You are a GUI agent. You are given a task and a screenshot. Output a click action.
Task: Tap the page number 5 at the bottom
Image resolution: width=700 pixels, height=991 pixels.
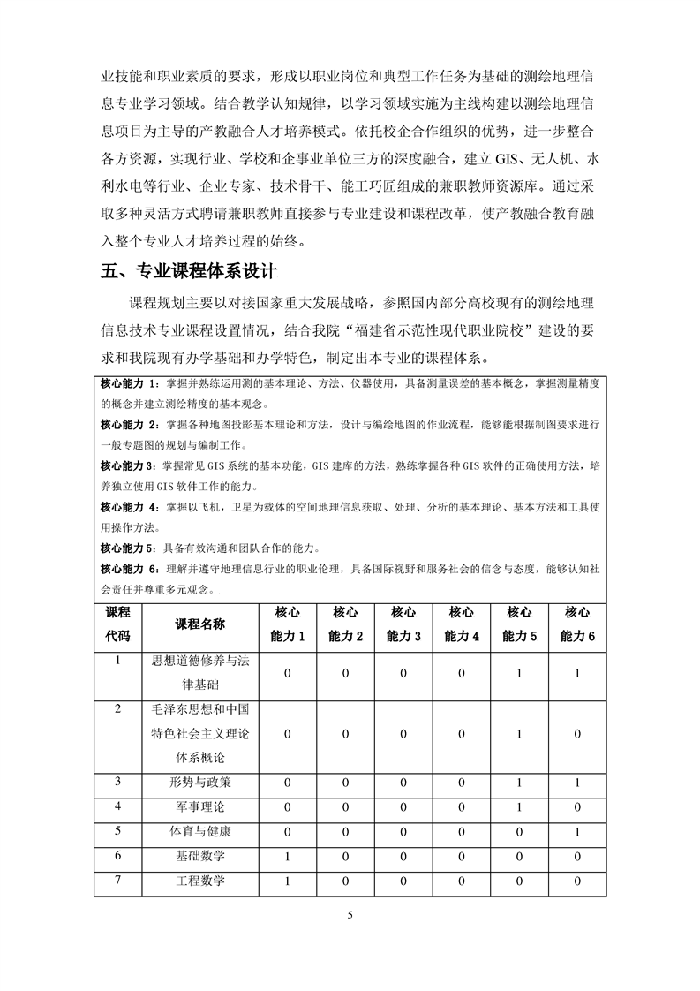350,915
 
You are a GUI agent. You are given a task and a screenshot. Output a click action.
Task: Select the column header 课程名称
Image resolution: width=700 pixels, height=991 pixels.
200,624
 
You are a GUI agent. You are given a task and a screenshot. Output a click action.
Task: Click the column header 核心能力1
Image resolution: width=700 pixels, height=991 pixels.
288,624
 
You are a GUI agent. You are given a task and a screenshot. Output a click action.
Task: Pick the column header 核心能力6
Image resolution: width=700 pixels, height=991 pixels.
578,624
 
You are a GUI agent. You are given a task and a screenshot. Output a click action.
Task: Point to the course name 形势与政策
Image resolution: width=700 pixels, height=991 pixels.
200,783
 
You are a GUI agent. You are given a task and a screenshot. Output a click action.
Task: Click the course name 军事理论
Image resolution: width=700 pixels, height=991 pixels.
200,807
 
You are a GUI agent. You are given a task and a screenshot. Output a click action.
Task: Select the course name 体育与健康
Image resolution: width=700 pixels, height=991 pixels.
200,832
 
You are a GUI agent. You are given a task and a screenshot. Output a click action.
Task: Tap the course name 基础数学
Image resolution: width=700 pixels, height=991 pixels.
200,857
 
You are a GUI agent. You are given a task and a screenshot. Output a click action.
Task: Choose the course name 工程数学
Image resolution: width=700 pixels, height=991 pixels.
200,881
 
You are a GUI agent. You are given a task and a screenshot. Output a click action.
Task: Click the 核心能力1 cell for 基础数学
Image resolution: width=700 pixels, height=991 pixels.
288,857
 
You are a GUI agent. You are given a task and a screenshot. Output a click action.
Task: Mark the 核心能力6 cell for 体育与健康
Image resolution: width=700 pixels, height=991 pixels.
577,832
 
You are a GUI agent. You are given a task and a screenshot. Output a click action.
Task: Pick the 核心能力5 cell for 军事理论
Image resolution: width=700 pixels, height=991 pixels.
520,807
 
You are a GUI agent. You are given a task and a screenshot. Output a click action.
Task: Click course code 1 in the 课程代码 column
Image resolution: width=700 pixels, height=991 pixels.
117,661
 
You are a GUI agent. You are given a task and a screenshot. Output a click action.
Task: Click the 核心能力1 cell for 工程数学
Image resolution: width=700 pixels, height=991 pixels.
288,881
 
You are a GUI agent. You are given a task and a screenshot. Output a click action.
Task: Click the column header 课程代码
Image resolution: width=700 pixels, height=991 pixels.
117,624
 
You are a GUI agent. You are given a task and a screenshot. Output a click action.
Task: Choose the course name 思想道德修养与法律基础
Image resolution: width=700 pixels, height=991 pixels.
200,673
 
